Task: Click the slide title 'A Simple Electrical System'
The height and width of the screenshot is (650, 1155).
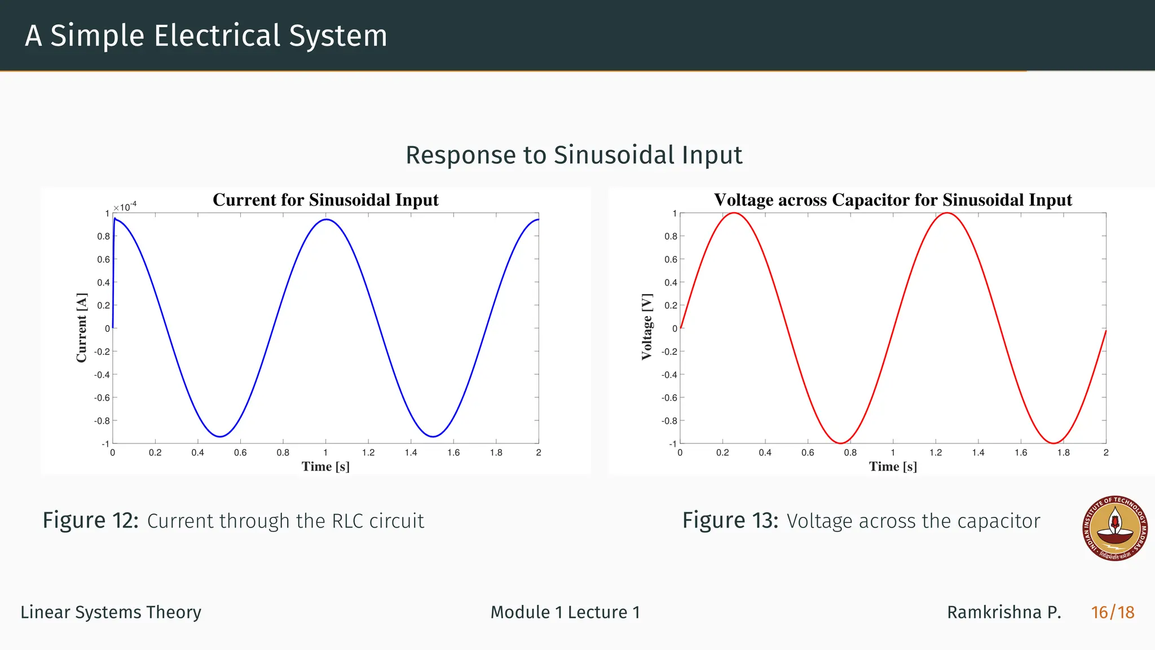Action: point(206,36)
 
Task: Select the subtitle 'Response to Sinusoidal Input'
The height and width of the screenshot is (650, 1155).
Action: point(574,155)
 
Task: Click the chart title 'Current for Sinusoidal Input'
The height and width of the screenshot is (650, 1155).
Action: point(325,200)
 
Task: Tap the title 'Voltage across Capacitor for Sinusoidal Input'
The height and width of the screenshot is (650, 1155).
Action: point(893,200)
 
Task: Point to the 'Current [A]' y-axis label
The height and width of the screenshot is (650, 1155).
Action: point(82,327)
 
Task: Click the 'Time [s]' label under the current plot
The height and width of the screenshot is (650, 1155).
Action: point(325,467)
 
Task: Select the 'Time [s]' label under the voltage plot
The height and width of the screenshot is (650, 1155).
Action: point(893,467)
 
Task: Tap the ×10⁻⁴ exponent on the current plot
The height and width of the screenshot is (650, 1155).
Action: point(125,207)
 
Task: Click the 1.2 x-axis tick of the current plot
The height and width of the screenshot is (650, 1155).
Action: point(368,453)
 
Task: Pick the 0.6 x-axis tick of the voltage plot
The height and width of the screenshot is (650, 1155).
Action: point(808,453)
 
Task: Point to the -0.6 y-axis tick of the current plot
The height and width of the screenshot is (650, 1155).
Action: point(102,398)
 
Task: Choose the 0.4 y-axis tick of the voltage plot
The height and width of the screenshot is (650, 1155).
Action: point(671,283)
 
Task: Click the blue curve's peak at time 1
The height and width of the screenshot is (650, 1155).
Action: point(326,219)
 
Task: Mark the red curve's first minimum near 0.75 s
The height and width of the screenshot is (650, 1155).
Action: point(840,443)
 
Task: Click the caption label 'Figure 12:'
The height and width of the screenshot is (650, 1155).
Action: point(90,520)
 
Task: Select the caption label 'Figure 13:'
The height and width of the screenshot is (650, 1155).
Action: point(730,520)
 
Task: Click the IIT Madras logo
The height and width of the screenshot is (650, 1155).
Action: point(1115,529)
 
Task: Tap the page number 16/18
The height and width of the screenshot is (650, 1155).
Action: point(1112,612)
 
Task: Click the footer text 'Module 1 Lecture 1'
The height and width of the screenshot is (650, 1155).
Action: point(565,612)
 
